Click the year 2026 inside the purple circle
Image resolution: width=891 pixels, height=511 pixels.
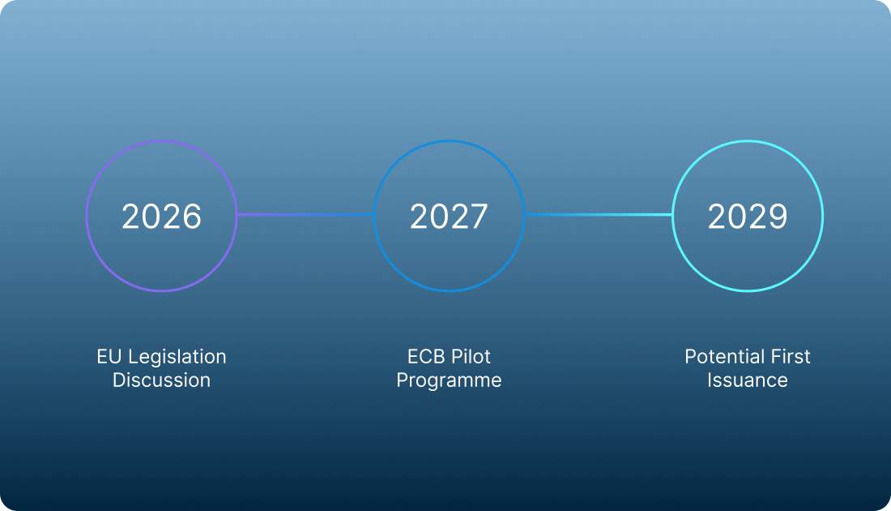pyautogui.click(x=161, y=217)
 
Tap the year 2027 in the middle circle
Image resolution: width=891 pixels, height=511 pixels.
pyautogui.click(x=449, y=217)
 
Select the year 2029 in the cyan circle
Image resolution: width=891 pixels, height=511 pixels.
pyautogui.click(x=748, y=217)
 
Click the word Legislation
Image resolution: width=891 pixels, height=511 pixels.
pyautogui.click(x=177, y=358)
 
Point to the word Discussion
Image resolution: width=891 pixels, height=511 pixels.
pyautogui.click(x=161, y=380)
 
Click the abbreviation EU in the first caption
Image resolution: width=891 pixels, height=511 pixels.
pyautogui.click(x=109, y=357)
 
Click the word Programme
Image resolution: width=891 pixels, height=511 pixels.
pyautogui.click(x=449, y=380)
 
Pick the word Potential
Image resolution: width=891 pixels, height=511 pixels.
pyautogui.click(x=722, y=357)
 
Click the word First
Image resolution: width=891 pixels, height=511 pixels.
pyautogui.click(x=787, y=357)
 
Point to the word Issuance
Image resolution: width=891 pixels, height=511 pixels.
pyautogui.click(x=748, y=380)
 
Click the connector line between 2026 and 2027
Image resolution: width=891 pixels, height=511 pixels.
pyautogui.click(x=305, y=214)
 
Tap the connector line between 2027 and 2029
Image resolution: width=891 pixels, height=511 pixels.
pyautogui.click(x=599, y=214)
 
